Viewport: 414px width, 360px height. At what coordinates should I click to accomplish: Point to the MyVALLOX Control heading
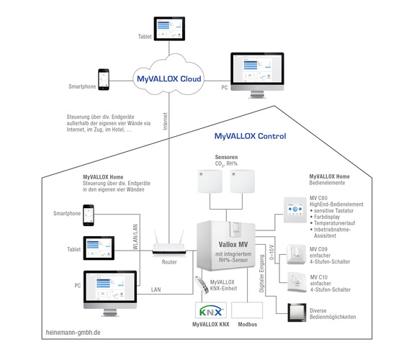coord(250,136)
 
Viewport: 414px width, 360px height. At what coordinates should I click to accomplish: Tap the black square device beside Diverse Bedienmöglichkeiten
coord(294,314)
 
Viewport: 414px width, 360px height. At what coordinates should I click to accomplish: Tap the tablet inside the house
coord(99,248)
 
